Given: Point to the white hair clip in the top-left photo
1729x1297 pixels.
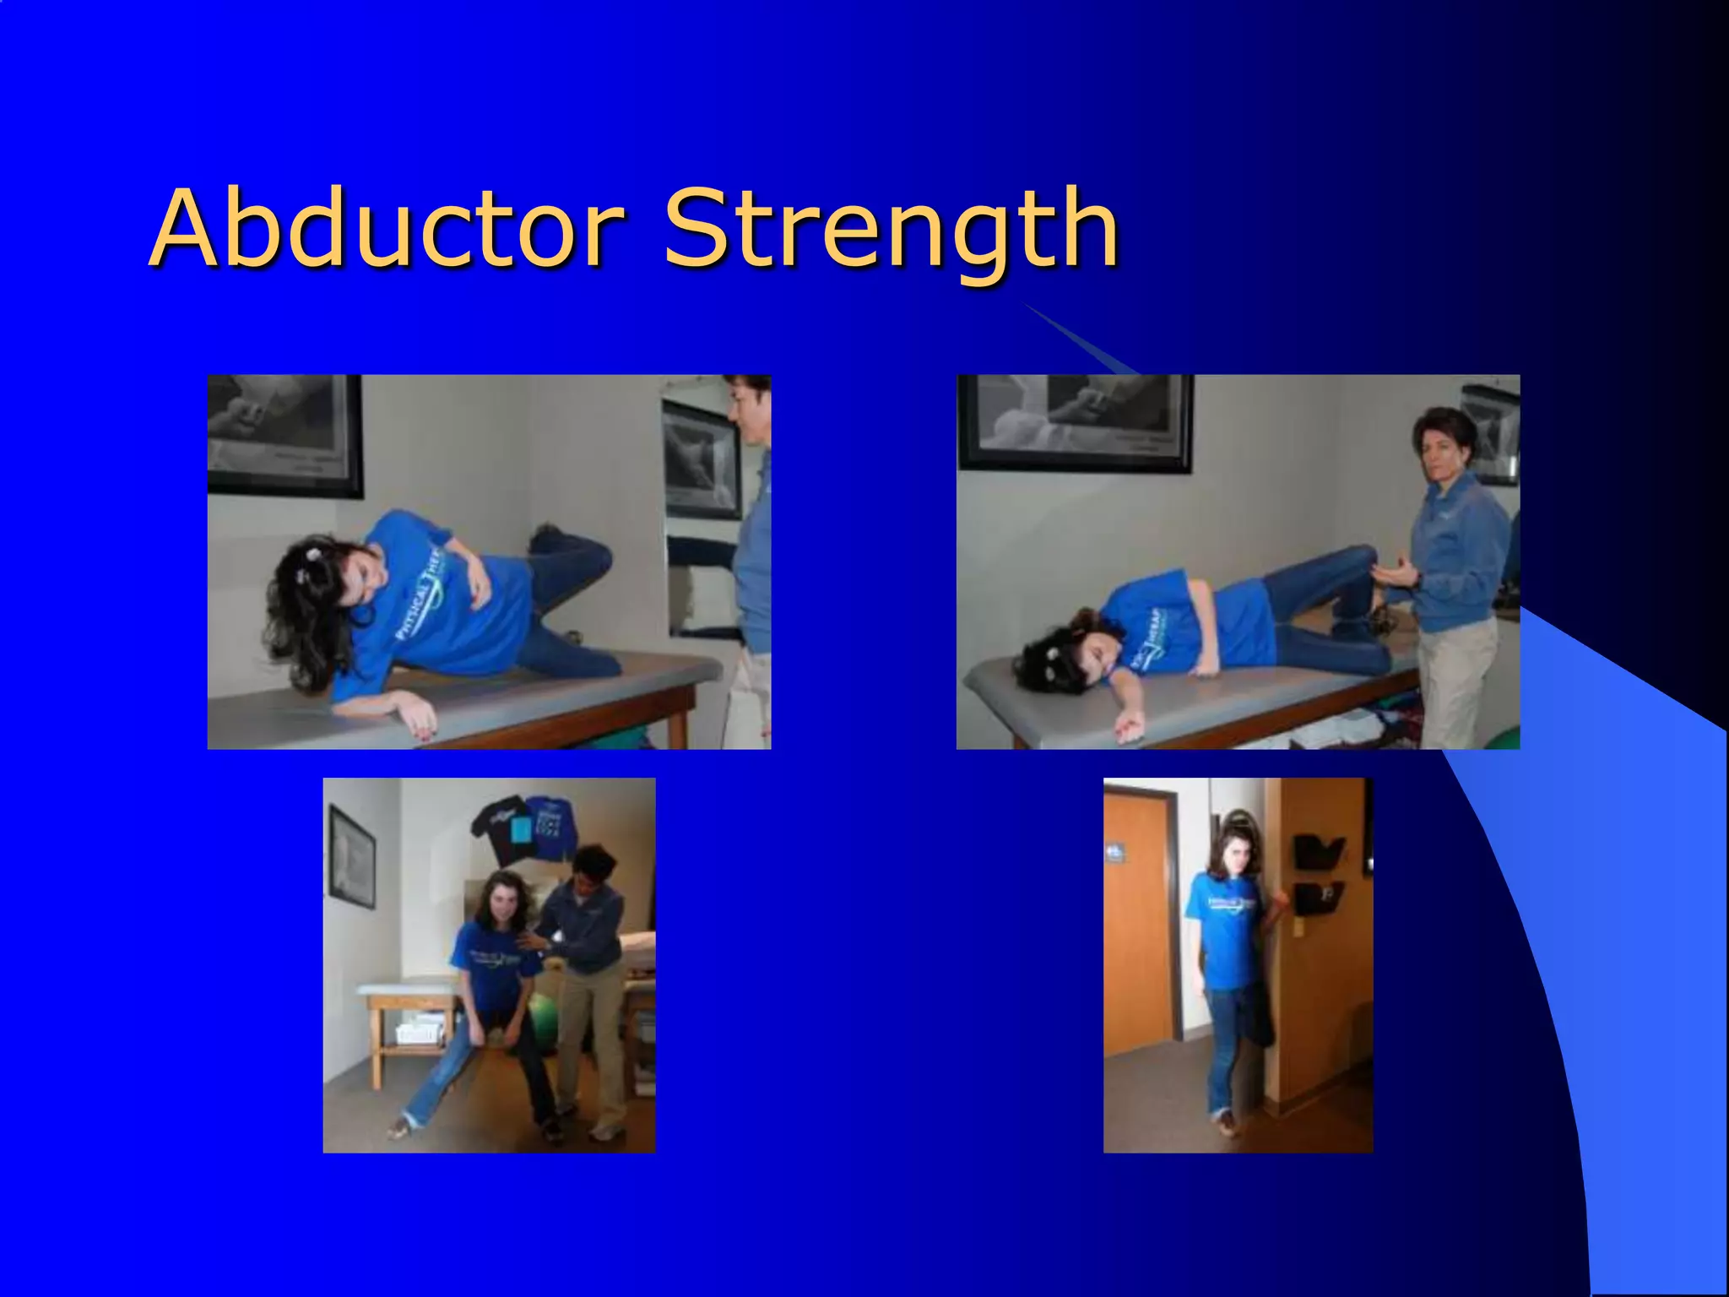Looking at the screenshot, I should pos(313,554).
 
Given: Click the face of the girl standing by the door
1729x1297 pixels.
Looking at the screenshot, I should pos(1234,854).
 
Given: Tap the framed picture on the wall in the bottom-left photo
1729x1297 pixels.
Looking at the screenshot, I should pos(351,856).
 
